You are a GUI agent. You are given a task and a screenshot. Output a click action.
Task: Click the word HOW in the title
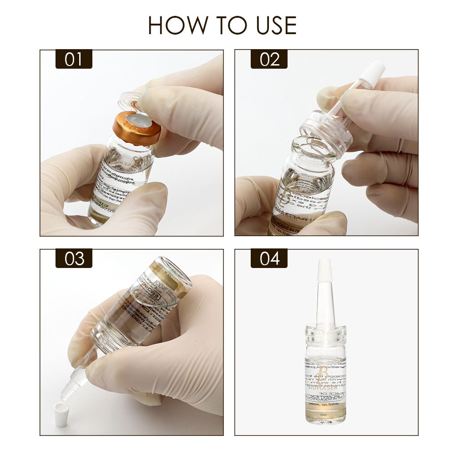[x=172, y=25]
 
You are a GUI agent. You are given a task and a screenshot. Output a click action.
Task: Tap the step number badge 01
[x=74, y=60]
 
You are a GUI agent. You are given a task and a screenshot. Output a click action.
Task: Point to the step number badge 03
[x=74, y=258]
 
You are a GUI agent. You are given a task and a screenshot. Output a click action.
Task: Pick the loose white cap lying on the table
[x=61, y=414]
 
